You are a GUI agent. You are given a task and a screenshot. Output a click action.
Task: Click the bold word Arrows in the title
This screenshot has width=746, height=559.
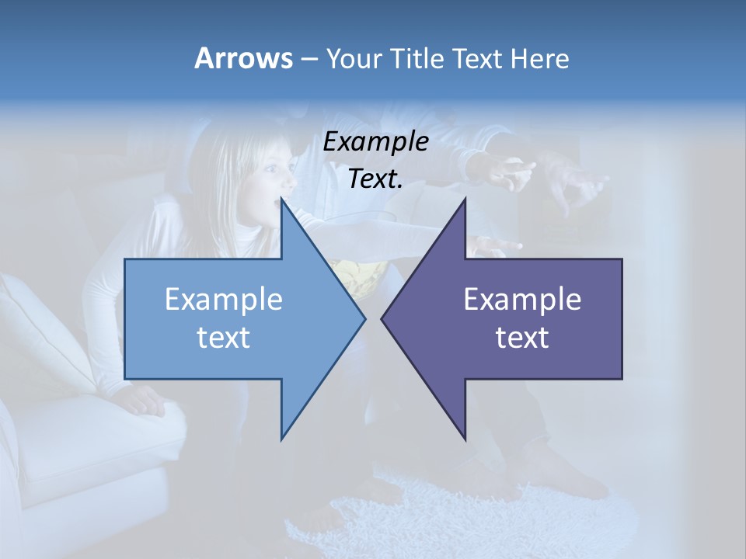click(243, 58)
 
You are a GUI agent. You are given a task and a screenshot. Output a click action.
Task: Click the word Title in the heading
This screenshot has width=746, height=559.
click(417, 58)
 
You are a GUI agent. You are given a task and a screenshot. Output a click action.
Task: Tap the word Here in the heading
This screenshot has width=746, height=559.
click(539, 58)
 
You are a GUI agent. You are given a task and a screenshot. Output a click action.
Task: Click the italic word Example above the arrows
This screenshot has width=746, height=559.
click(375, 141)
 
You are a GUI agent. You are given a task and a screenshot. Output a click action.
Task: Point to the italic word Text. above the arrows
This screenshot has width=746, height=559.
click(375, 179)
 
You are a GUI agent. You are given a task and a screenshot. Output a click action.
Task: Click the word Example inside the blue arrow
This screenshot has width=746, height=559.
click(224, 299)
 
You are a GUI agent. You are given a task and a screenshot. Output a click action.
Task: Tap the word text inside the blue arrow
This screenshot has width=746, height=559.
click(224, 337)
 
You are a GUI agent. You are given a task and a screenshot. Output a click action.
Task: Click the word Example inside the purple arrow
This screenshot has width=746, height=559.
click(522, 299)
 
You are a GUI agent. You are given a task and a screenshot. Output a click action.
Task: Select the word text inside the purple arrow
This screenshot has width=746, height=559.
click(522, 337)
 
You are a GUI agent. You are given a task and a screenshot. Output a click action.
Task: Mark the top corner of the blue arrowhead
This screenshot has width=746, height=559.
click(282, 200)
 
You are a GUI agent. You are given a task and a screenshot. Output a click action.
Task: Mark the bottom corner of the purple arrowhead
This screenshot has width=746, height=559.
click(465, 439)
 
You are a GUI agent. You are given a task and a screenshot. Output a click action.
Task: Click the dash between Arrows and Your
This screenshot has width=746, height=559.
click(309, 59)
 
